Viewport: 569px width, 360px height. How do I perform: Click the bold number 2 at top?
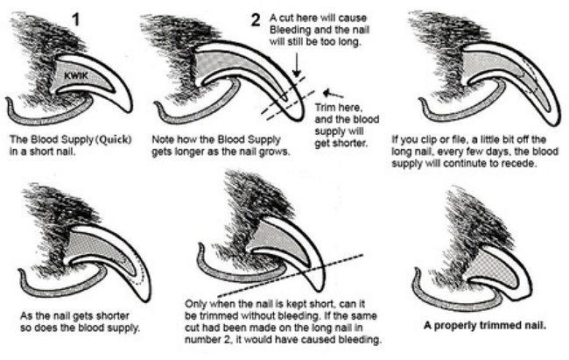256,20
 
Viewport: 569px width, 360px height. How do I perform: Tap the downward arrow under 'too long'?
298,64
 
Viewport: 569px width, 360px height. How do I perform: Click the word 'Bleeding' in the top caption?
297,29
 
